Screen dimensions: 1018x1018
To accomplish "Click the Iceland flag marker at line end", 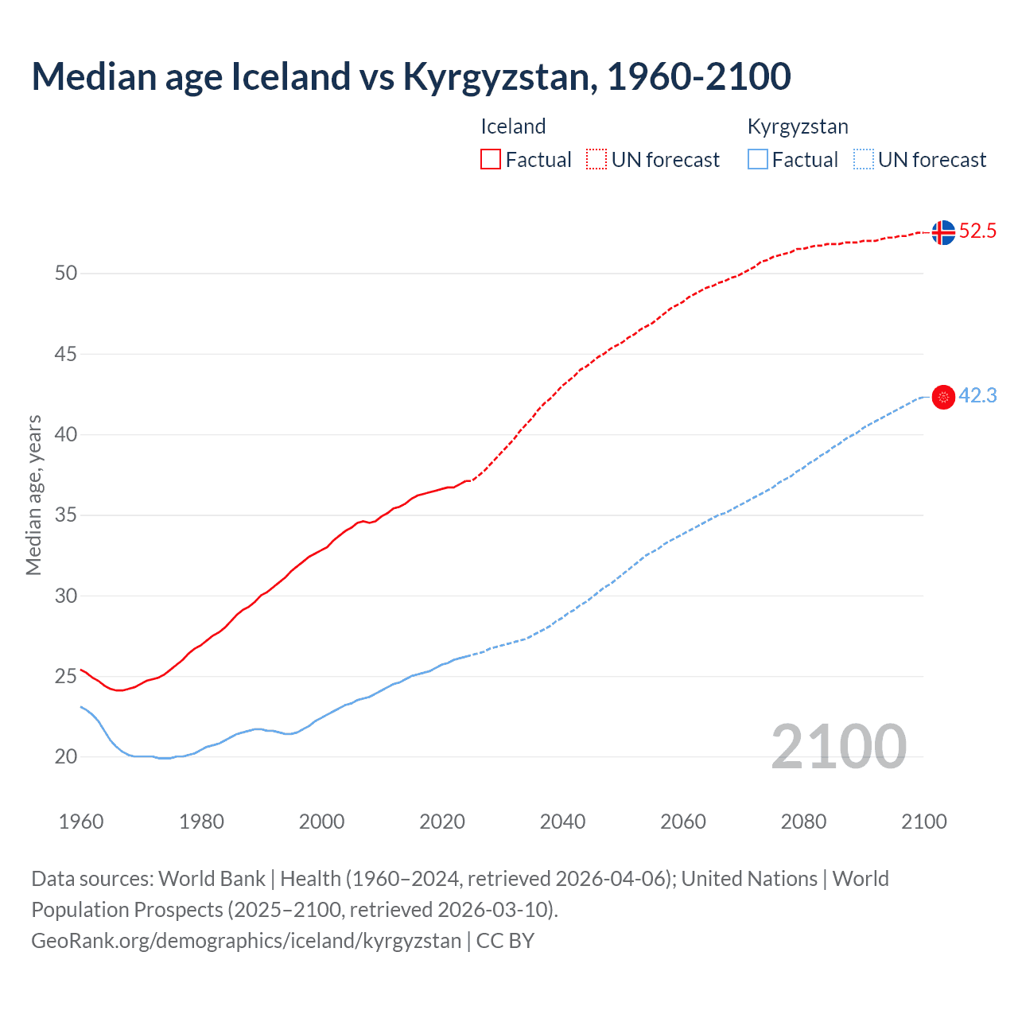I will click(x=943, y=232).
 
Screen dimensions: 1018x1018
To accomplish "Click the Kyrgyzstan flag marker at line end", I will click(x=943, y=397).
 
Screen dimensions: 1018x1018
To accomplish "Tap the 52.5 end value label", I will click(x=977, y=231).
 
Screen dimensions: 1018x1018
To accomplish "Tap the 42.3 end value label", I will click(x=977, y=396).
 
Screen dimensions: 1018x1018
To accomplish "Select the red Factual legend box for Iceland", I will click(x=491, y=159).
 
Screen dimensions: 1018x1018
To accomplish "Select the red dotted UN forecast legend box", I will click(x=596, y=159).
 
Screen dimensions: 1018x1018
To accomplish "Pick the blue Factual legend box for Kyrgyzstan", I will click(x=758, y=159).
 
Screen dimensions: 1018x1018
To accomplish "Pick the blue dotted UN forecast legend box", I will click(x=863, y=159).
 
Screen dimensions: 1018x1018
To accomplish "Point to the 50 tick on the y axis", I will click(x=66, y=274).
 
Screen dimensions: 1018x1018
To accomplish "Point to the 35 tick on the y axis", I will click(x=66, y=515).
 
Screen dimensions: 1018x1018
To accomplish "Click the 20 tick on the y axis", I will click(x=66, y=757).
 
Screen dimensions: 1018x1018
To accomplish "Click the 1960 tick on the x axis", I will click(x=81, y=822).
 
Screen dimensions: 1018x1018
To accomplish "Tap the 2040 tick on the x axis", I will click(x=562, y=822).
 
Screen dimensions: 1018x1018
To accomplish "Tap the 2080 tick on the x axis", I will click(x=803, y=822).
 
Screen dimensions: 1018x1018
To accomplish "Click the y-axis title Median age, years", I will click(x=33, y=495).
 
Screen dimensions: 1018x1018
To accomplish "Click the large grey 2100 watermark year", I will click(x=838, y=746).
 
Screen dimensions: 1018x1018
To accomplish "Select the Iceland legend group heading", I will click(x=513, y=126).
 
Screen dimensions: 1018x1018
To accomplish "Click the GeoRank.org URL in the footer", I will click(x=246, y=941).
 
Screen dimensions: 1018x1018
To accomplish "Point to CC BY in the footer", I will click(x=505, y=941).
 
